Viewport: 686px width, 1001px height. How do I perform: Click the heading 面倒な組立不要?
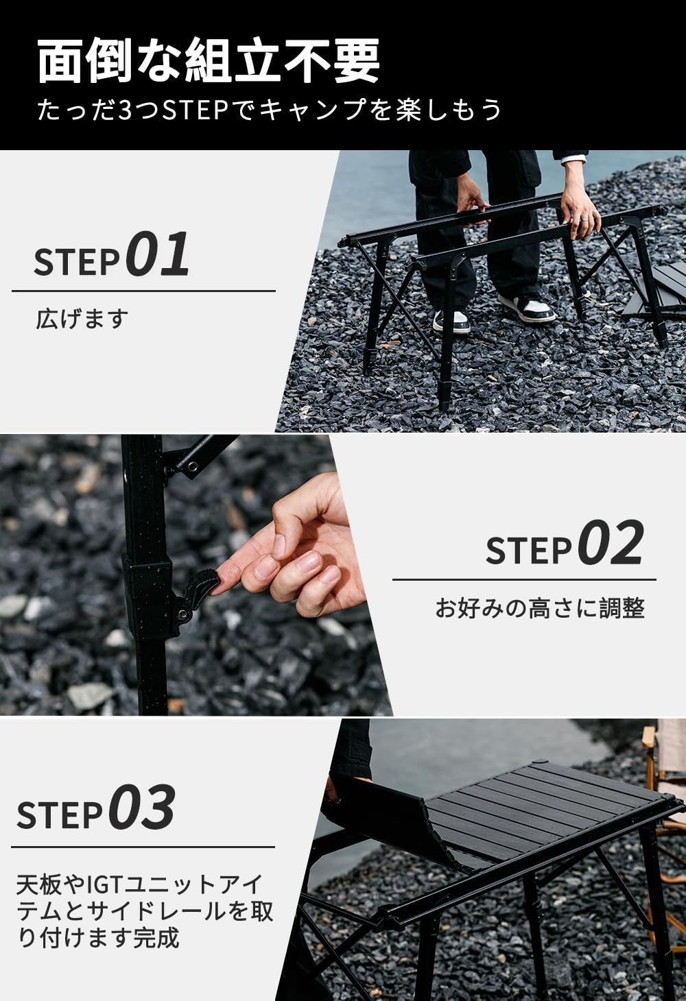point(208,62)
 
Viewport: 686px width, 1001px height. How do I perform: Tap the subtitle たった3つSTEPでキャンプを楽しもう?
point(270,110)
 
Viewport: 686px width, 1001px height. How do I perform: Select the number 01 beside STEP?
point(159,254)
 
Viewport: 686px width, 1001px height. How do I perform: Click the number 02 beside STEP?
point(611,543)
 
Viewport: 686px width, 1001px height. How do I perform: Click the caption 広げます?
point(82,319)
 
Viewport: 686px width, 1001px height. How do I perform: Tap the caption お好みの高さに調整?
point(540,608)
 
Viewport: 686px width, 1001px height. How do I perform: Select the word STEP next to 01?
point(77,261)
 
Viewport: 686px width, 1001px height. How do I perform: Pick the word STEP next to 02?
point(528,550)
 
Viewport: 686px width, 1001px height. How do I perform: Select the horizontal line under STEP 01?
point(143,291)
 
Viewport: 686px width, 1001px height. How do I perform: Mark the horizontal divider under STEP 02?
point(524,580)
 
